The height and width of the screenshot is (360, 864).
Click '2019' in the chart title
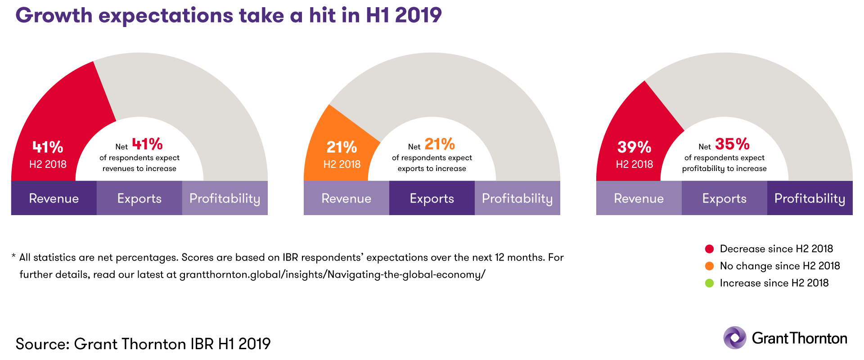click(x=418, y=16)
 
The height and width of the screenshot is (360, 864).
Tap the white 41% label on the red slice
click(x=48, y=147)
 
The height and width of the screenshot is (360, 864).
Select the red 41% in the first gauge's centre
click(x=147, y=144)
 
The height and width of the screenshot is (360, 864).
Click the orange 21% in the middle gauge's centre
click(x=440, y=144)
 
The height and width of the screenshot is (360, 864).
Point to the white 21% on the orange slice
click(x=342, y=147)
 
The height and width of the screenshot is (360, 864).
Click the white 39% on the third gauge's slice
click(x=634, y=147)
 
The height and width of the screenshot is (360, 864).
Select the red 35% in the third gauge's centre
click(x=732, y=144)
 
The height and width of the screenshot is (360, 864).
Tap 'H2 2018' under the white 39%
click(x=634, y=164)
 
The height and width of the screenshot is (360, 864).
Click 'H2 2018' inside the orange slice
click(x=342, y=164)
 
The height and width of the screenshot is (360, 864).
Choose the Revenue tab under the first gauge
click(x=54, y=198)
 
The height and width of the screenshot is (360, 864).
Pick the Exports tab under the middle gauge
click(x=432, y=198)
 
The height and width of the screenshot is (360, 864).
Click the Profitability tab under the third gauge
click(x=810, y=198)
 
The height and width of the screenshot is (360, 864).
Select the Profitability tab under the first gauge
click(x=225, y=198)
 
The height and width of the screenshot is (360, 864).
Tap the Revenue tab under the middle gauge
click(x=346, y=198)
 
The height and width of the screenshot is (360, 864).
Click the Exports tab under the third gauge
click(x=724, y=198)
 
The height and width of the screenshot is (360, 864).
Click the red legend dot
click(x=709, y=249)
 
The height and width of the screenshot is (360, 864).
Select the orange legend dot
click(x=709, y=266)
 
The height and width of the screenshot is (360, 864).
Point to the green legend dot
click(x=709, y=283)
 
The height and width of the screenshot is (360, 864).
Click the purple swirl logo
click(x=734, y=337)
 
